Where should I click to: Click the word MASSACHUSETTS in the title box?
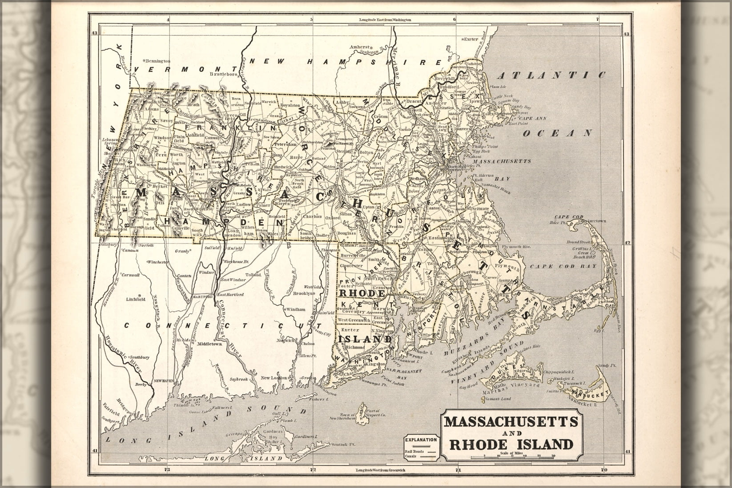click(x=510, y=421)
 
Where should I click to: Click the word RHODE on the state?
click(x=361, y=294)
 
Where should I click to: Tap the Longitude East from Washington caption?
click(x=386, y=20)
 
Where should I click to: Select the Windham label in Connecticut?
click(x=296, y=309)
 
